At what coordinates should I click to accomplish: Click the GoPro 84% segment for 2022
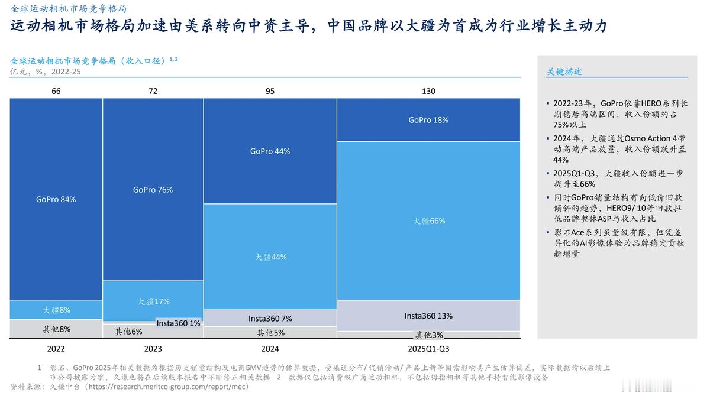coord(56,199)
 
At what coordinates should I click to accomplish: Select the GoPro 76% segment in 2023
coord(153,190)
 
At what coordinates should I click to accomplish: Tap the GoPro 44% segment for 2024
coord(270,151)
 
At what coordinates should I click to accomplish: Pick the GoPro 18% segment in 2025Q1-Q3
coord(428,120)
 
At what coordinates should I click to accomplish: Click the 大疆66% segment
coord(428,221)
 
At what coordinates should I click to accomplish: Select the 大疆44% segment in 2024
coord(270,257)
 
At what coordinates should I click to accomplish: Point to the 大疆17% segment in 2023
coord(153,301)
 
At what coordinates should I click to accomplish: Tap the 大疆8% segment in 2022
coord(56,310)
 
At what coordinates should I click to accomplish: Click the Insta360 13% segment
coord(428,316)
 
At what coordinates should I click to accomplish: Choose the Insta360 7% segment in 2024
coord(270,319)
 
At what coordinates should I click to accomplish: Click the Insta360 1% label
coord(178,323)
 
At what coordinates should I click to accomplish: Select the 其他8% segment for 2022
coord(56,329)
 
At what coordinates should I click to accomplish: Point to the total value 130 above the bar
coord(428,91)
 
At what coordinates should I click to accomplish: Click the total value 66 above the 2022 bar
coord(56,91)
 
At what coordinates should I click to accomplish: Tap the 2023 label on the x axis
coord(153,349)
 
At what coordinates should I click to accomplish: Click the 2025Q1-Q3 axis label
coord(428,349)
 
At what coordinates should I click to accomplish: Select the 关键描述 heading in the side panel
coord(564,72)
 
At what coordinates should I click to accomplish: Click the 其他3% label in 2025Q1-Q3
coord(428,335)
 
